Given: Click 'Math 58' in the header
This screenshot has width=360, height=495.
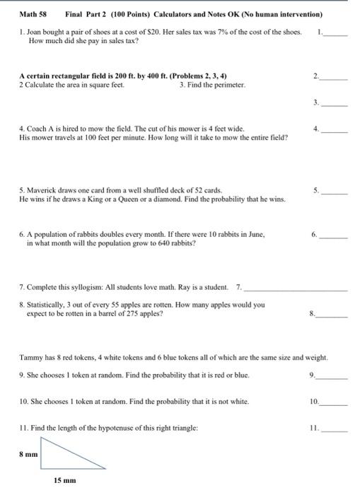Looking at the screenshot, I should [33, 14].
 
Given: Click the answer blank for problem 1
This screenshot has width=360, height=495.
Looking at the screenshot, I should [336, 33].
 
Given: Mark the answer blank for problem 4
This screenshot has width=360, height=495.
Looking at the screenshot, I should [336, 131].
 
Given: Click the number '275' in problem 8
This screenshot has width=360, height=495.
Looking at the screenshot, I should [124, 313].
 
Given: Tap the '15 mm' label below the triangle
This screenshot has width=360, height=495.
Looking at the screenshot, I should [65, 480].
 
